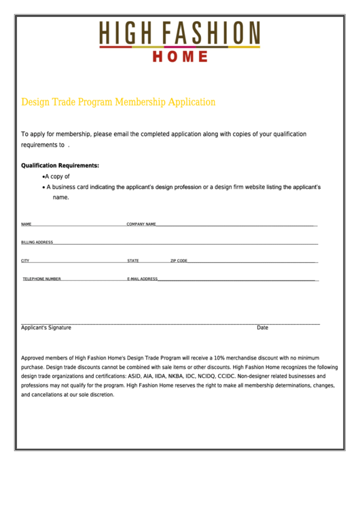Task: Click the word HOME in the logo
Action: (x=180, y=56)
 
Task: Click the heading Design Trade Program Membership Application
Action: (x=118, y=102)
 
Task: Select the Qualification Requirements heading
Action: (x=60, y=165)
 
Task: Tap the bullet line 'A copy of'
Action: (x=56, y=176)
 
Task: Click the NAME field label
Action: (x=26, y=224)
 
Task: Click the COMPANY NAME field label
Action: (x=141, y=224)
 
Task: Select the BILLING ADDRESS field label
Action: (x=37, y=242)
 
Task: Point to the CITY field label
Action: (x=25, y=260)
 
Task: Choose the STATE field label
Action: (x=133, y=260)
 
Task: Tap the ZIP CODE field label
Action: (x=179, y=260)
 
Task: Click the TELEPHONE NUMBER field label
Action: (x=42, y=279)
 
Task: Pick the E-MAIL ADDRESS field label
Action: (x=143, y=279)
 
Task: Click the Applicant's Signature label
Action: (x=46, y=328)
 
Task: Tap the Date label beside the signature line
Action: (x=262, y=328)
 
